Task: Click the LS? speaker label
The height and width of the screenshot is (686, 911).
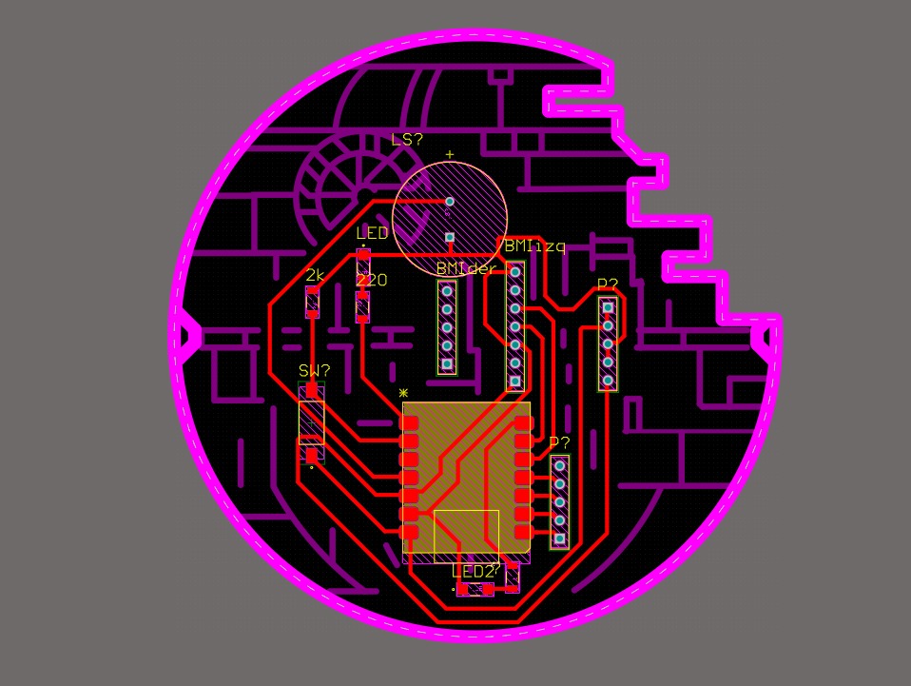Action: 407,140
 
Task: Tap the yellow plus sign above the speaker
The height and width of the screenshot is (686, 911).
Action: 450,155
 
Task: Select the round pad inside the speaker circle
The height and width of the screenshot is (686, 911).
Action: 450,201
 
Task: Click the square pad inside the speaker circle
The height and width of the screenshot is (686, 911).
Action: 450,237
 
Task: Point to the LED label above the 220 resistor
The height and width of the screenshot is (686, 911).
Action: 372,233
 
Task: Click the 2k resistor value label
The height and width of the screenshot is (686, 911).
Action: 315,275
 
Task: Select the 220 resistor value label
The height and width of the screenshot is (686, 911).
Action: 372,281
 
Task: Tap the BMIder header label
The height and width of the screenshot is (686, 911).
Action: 466,269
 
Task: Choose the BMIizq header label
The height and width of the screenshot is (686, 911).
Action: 534,246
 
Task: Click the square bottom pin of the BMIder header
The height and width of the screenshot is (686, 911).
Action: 447,363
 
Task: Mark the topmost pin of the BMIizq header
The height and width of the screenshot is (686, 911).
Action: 515,271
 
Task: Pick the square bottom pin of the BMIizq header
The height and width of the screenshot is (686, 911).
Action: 515,382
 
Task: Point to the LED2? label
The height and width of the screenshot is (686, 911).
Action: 475,572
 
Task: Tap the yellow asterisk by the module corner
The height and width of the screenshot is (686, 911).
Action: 403,392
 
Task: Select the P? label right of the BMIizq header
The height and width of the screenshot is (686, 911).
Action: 608,284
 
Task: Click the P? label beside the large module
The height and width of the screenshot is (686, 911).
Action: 559,443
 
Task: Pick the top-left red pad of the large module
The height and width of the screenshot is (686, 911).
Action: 410,421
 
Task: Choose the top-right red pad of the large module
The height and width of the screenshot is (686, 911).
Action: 522,421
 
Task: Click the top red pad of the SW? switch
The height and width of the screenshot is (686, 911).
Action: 312,389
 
